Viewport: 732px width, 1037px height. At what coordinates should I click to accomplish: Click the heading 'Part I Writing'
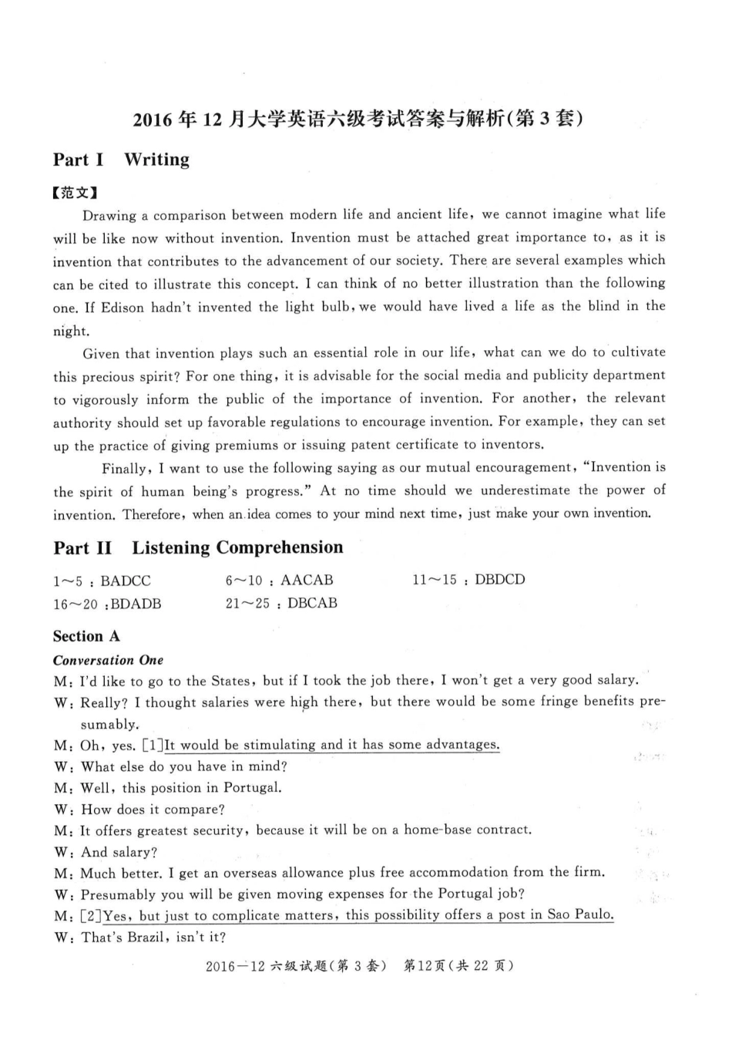click(x=121, y=160)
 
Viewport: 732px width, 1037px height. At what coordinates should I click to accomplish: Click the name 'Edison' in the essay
click(x=123, y=308)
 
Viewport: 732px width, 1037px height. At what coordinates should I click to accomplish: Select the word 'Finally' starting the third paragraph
click(x=124, y=469)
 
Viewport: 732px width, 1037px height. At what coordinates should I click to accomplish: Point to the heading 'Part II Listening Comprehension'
click(x=198, y=548)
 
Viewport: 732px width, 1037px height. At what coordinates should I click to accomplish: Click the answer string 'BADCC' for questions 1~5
click(x=126, y=581)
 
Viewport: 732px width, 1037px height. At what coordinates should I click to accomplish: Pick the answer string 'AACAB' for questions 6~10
click(x=307, y=580)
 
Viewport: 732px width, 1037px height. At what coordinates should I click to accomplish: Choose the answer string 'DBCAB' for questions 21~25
click(x=312, y=603)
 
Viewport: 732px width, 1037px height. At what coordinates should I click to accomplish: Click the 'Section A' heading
click(x=86, y=636)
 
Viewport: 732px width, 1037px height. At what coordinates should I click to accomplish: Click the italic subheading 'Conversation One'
click(x=108, y=660)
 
